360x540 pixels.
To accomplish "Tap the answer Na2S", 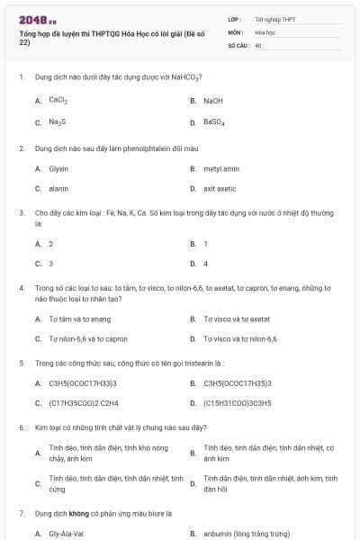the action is click(x=58, y=121).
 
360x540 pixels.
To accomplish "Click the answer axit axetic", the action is click(x=220, y=189).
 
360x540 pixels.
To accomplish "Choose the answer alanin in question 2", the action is click(x=58, y=189).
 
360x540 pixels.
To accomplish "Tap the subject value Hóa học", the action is click(x=265, y=31).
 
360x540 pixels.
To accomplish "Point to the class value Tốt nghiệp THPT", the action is click(x=274, y=18).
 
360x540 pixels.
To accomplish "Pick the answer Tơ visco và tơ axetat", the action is click(x=237, y=319).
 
